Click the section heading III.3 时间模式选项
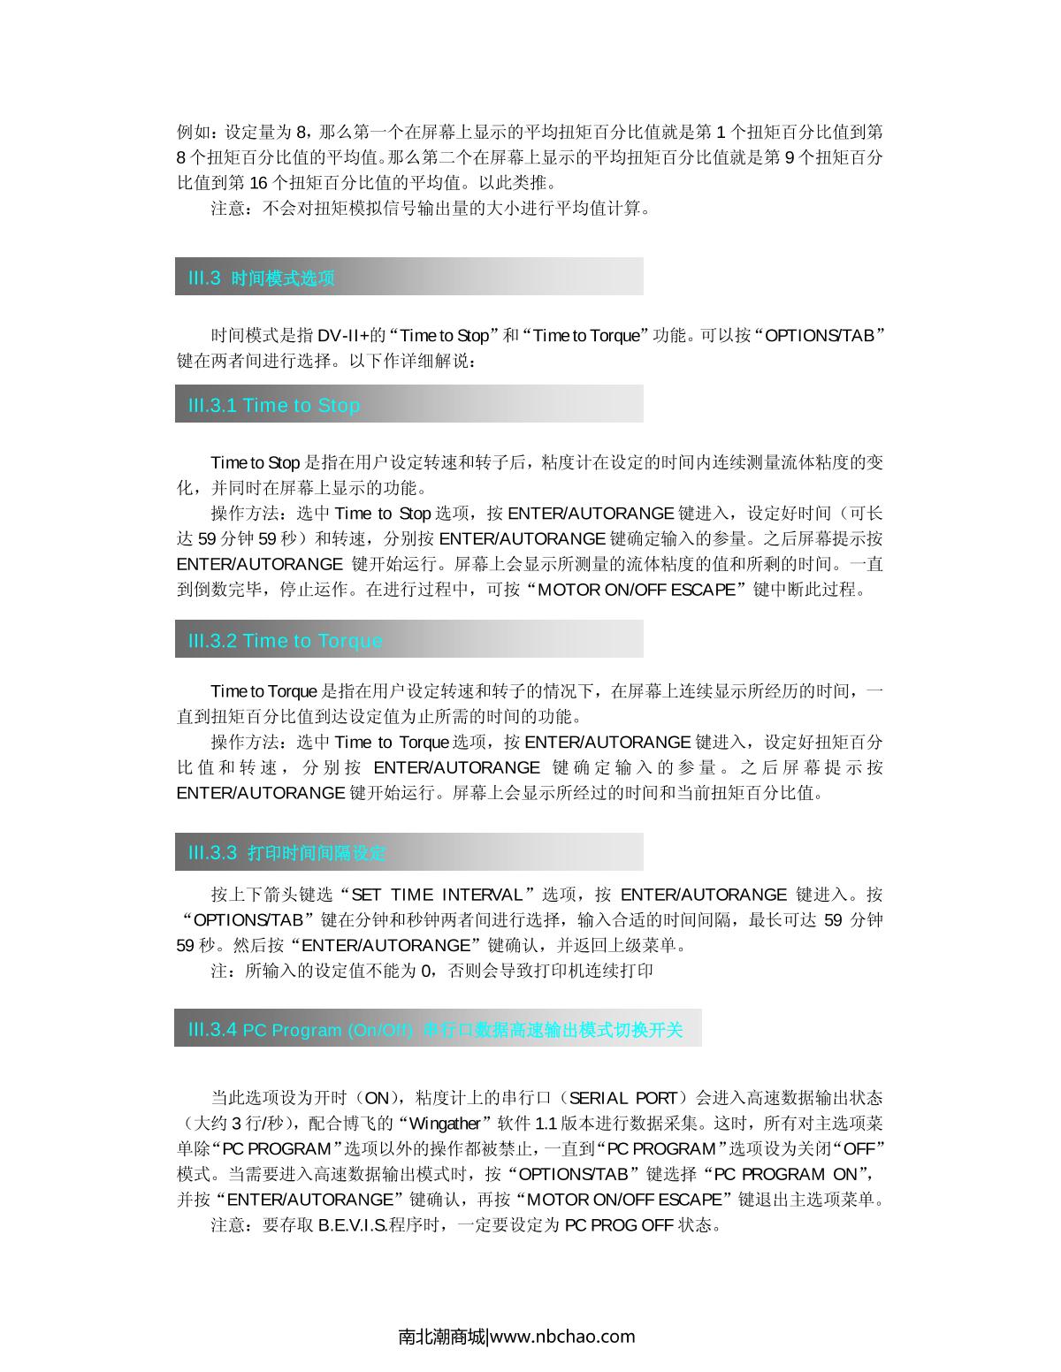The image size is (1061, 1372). coord(261,278)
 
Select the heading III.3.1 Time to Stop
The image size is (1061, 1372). coord(274,406)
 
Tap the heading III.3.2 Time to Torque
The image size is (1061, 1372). coord(285,641)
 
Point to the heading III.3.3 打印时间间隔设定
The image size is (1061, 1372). coord(286,853)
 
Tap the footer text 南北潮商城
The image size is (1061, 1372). coord(442,1336)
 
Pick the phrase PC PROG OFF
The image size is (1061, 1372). coord(619,1225)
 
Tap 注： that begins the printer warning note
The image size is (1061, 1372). coord(225,971)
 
